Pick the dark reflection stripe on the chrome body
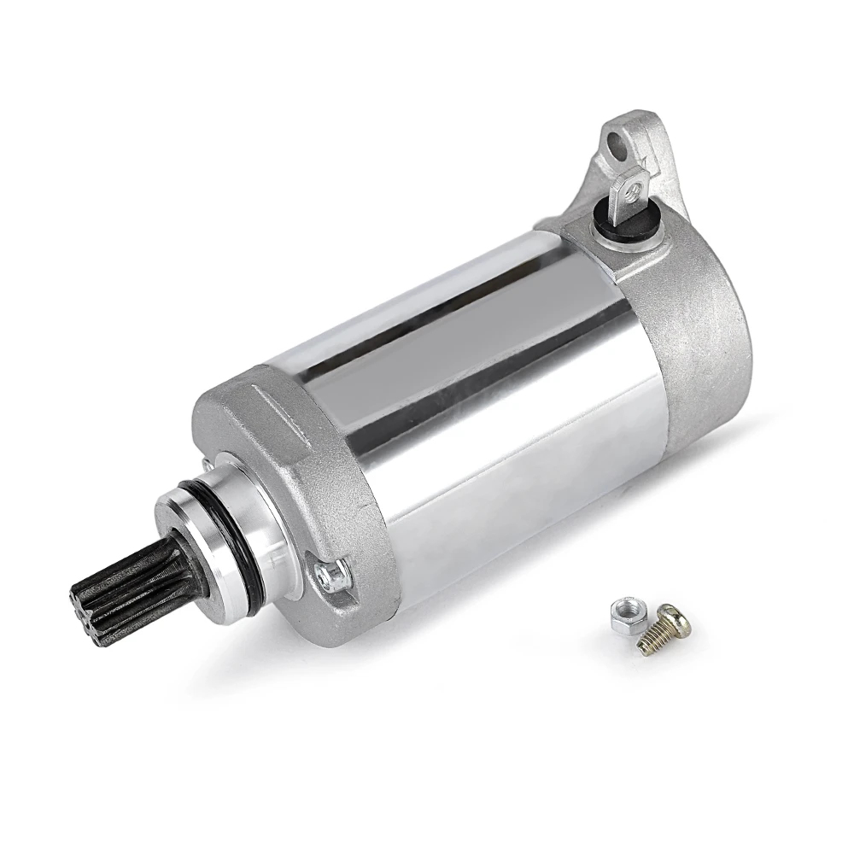pyautogui.click(x=461, y=337)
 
